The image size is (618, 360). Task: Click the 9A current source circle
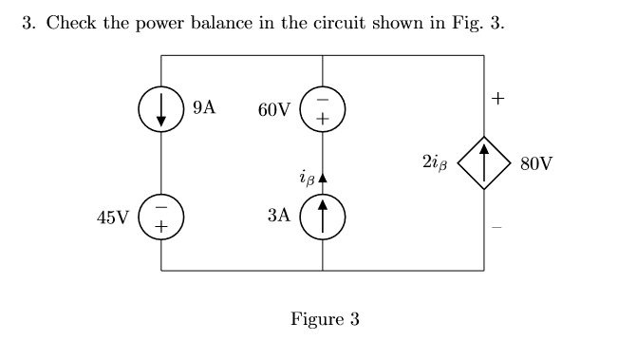(161, 109)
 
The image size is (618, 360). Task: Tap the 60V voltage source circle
(323, 109)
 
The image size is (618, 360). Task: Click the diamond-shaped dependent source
(484, 162)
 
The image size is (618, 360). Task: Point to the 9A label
(203, 108)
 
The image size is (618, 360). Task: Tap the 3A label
(278, 217)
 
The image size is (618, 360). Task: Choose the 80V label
(535, 163)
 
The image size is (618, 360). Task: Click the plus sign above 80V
(499, 98)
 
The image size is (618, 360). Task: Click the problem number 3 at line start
(28, 23)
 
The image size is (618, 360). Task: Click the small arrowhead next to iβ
(323, 178)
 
